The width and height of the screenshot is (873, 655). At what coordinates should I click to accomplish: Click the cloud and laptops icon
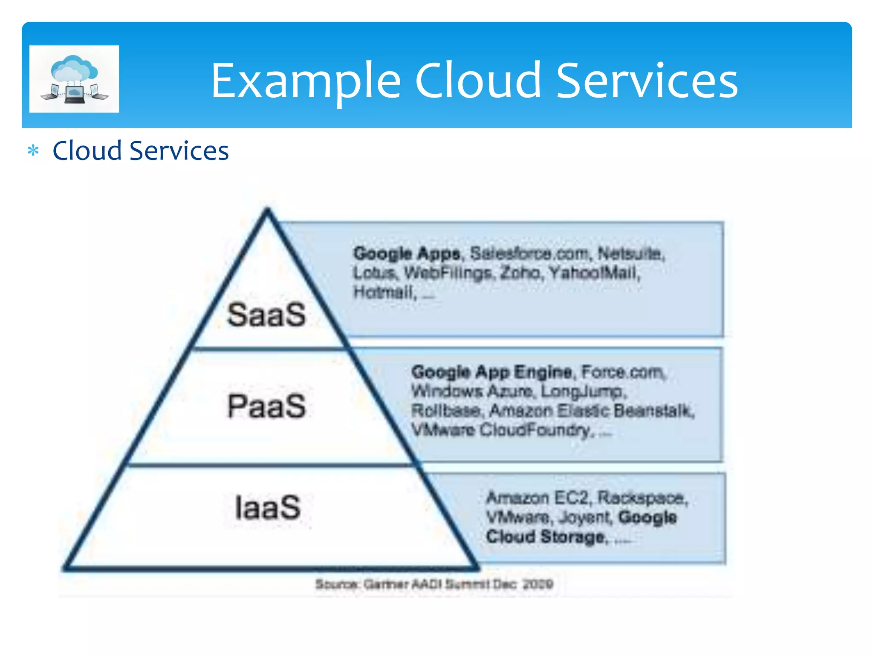[x=74, y=79]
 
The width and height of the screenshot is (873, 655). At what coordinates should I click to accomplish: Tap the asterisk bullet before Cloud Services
[x=33, y=151]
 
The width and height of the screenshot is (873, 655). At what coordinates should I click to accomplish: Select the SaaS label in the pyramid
[x=266, y=315]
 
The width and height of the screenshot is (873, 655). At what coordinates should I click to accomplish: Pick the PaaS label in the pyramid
[x=266, y=406]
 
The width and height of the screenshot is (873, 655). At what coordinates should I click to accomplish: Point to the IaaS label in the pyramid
[x=268, y=507]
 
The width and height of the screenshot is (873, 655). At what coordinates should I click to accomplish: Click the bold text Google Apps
[x=407, y=254]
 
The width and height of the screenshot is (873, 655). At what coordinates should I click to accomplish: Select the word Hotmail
[x=384, y=293]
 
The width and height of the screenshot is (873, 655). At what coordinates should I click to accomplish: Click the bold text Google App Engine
[x=491, y=372]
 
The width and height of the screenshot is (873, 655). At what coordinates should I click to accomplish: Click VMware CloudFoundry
[x=501, y=430]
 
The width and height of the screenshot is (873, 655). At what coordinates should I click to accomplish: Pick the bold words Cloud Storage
[x=546, y=536]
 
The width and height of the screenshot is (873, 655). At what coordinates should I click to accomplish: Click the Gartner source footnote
[x=434, y=584]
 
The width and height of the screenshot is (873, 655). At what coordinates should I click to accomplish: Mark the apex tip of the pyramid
[x=267, y=209]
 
